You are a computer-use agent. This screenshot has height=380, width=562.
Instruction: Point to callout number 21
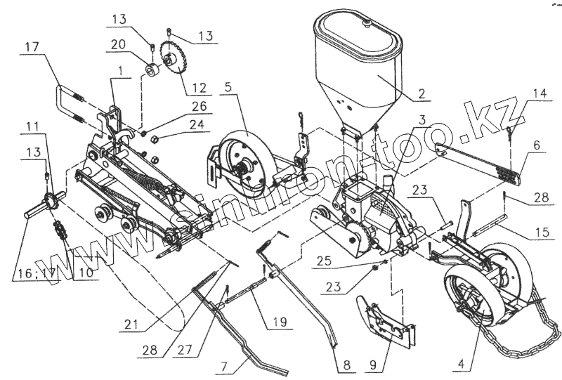128,326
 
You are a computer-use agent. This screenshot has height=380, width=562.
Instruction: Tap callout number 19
280,322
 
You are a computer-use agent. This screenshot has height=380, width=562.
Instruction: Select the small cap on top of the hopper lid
366,22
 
